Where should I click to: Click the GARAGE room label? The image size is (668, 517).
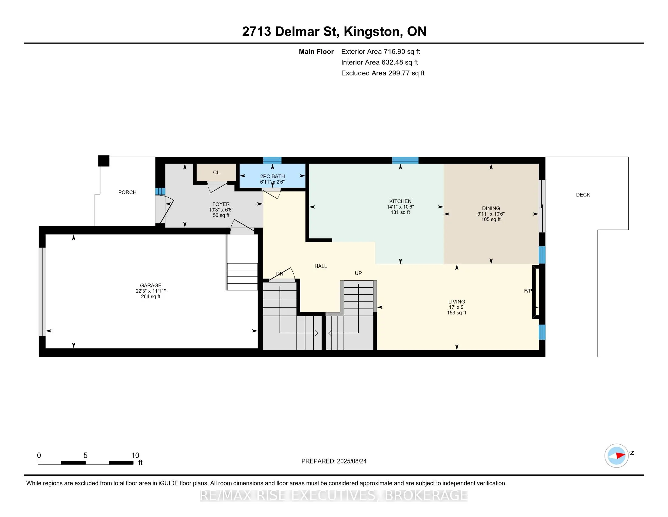pyautogui.click(x=151, y=286)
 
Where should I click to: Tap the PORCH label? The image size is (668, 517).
pyautogui.click(x=127, y=192)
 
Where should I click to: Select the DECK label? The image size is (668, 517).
pyautogui.click(x=583, y=195)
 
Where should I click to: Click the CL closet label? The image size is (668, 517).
pyautogui.click(x=216, y=172)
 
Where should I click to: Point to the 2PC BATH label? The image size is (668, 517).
pyautogui.click(x=273, y=176)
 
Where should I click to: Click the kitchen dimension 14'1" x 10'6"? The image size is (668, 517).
pyautogui.click(x=400, y=207)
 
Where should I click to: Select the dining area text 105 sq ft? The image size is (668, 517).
pyautogui.click(x=491, y=219)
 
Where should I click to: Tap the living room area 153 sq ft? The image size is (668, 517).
pyautogui.click(x=457, y=313)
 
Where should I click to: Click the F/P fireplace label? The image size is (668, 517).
pyautogui.click(x=528, y=291)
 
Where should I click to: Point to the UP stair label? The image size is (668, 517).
pyautogui.click(x=358, y=273)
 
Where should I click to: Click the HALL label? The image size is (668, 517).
pyautogui.click(x=321, y=266)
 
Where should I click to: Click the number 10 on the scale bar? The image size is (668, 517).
pyautogui.click(x=135, y=456)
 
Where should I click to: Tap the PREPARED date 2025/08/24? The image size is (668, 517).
pyautogui.click(x=351, y=461)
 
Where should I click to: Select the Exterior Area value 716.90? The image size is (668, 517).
pyautogui.click(x=394, y=52)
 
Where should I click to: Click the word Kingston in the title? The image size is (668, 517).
pyautogui.click(x=372, y=32)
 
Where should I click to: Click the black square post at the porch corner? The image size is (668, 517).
pyautogui.click(x=104, y=161)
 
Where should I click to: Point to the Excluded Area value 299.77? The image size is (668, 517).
pyautogui.click(x=399, y=73)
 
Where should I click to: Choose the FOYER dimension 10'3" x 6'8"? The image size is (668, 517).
pyautogui.click(x=221, y=210)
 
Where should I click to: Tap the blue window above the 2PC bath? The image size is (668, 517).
pyautogui.click(x=272, y=160)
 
